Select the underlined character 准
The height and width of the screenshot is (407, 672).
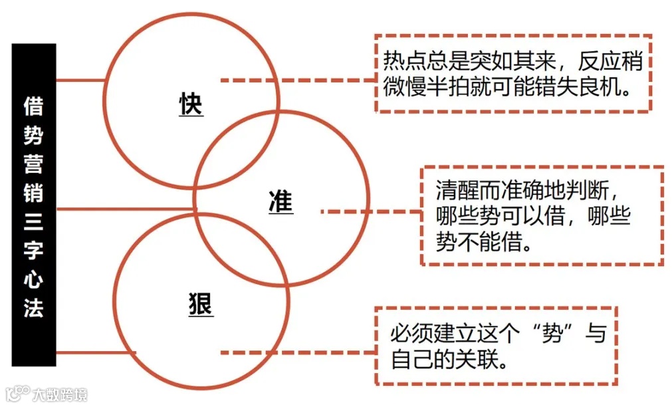coord(280,203)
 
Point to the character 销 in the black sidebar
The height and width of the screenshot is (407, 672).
coord(33,194)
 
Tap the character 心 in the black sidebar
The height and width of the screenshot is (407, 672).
coord(33,280)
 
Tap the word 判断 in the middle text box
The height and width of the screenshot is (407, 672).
coord(585,190)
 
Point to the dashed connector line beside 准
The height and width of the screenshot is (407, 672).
coord(370,212)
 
